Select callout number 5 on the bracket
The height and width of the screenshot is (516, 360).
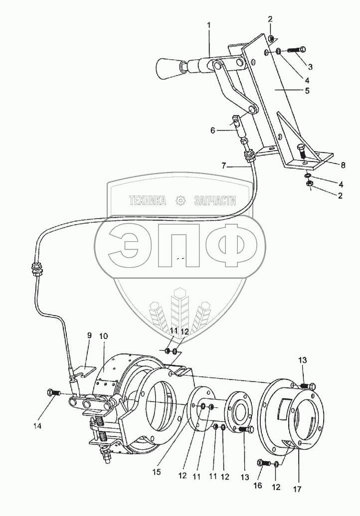[x=307, y=91]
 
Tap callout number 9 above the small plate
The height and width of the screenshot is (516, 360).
[x=89, y=336]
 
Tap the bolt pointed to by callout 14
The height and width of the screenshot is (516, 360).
[x=53, y=391]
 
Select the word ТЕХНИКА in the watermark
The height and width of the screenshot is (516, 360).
[x=147, y=201]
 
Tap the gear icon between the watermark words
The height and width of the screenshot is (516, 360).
[x=180, y=201]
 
